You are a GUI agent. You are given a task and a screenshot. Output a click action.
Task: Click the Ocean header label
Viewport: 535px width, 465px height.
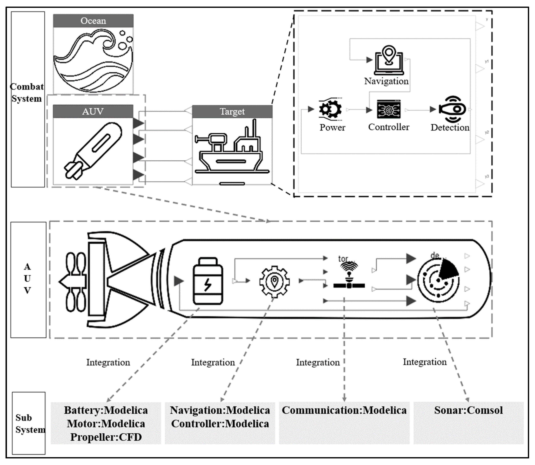(93, 21)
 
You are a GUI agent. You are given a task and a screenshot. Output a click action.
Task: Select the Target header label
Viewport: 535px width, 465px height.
(232, 112)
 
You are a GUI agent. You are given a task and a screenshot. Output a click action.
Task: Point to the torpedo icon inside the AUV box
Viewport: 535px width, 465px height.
(93, 151)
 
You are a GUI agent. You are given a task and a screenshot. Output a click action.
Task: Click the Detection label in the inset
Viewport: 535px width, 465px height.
(450, 127)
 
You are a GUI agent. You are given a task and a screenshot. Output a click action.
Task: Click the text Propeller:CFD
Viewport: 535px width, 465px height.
(106, 437)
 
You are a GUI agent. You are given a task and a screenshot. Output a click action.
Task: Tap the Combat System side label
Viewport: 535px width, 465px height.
(27, 93)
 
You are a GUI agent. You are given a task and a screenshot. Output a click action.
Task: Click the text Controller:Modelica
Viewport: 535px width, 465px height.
(220, 424)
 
